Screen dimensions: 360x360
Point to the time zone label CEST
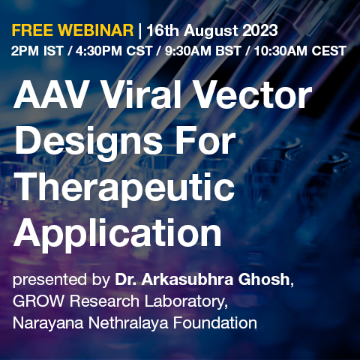328,51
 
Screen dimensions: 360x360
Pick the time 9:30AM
188,51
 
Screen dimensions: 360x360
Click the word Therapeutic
125,189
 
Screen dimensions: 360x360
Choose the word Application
118,233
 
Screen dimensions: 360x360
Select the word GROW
38,301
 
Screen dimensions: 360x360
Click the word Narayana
48,323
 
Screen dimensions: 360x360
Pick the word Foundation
215,322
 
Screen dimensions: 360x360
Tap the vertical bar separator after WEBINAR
140,31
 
